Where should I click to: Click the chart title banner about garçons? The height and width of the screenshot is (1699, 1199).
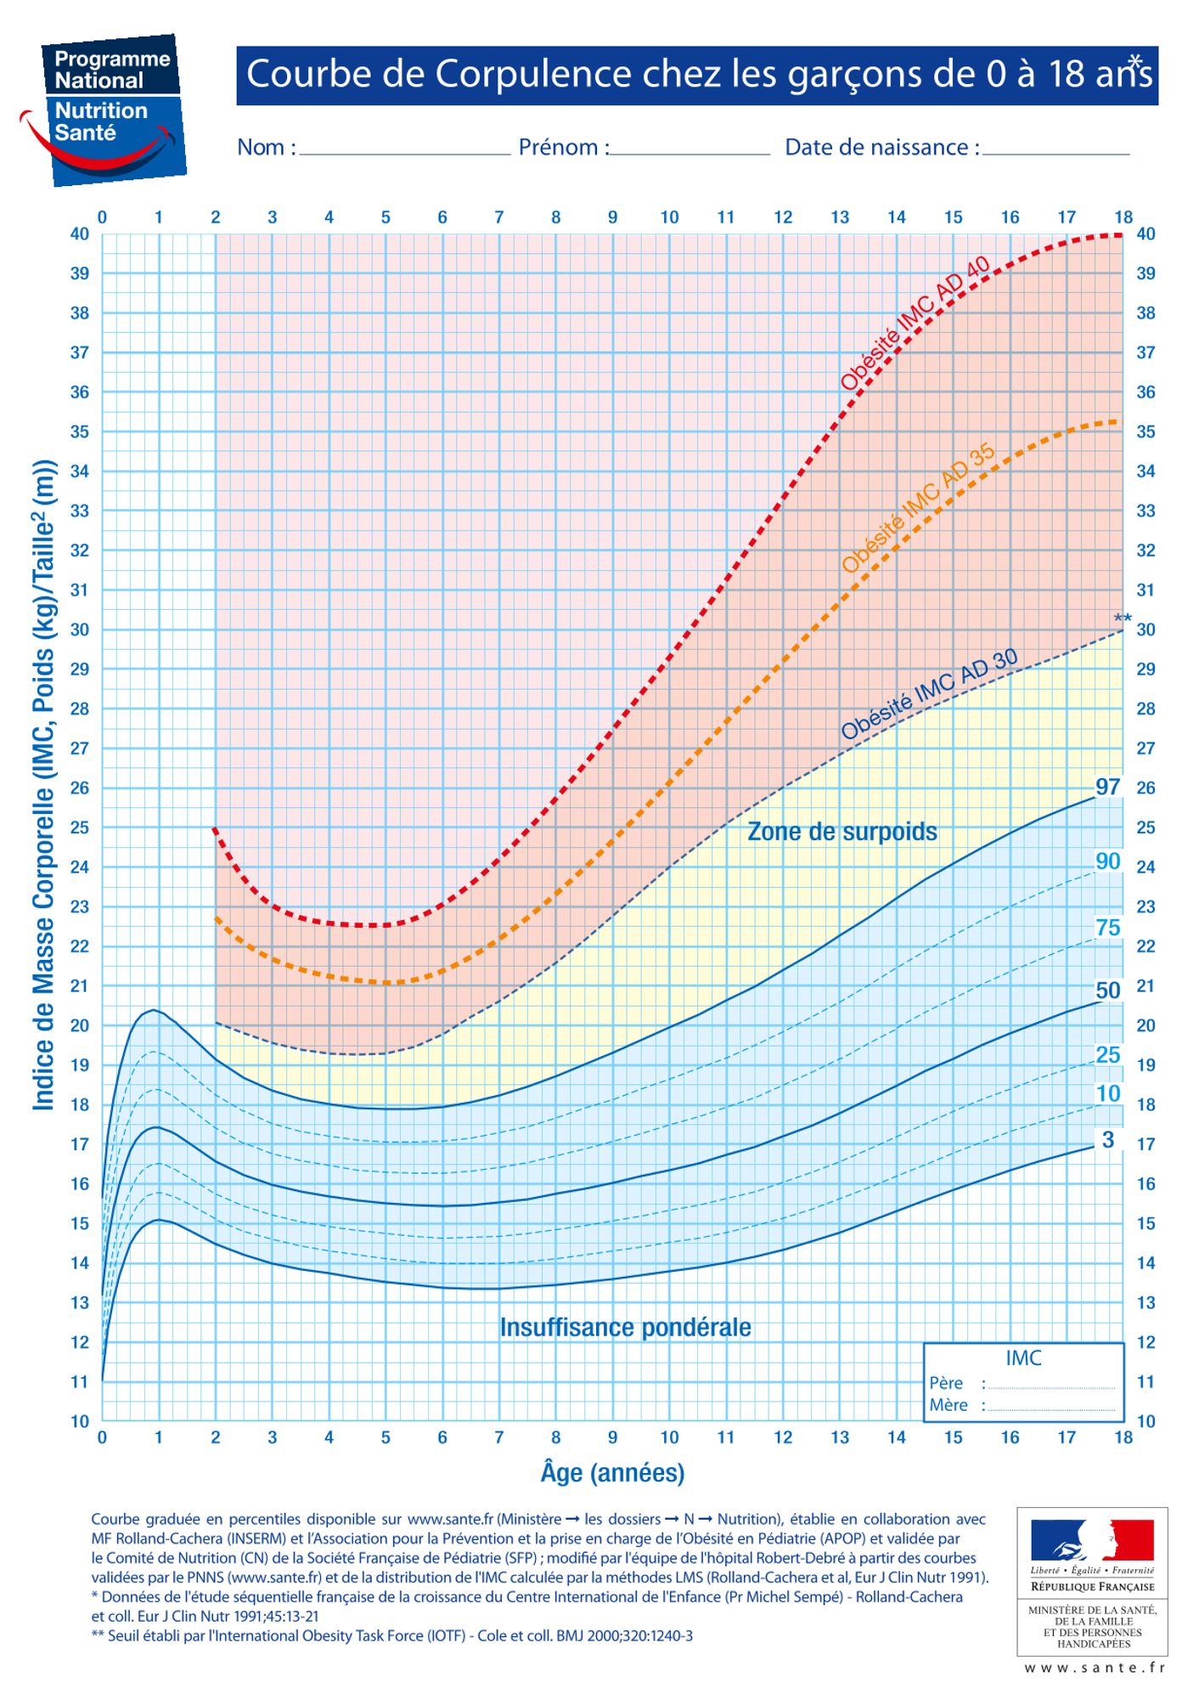[696, 75]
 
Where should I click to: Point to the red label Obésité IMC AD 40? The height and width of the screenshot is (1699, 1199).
[915, 323]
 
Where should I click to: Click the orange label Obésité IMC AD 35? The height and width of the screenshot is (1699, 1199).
[919, 508]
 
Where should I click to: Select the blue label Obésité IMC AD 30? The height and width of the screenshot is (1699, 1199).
[929, 694]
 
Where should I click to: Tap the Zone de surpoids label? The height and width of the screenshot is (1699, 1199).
[842, 831]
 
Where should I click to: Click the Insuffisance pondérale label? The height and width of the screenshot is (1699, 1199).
[625, 1327]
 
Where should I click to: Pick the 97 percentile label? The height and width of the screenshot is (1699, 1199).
[1107, 787]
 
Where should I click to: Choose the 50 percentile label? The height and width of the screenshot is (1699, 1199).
[1107, 990]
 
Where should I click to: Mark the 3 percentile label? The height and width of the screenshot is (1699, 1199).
[1107, 1140]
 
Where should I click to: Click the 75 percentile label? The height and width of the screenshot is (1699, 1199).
[1107, 927]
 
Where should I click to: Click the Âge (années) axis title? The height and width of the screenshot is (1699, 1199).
[612, 1472]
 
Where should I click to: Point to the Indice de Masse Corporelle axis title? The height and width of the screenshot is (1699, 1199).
[44, 785]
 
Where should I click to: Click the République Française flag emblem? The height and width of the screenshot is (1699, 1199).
[1092, 1540]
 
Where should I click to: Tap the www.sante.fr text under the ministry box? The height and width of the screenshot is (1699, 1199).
[1094, 1668]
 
